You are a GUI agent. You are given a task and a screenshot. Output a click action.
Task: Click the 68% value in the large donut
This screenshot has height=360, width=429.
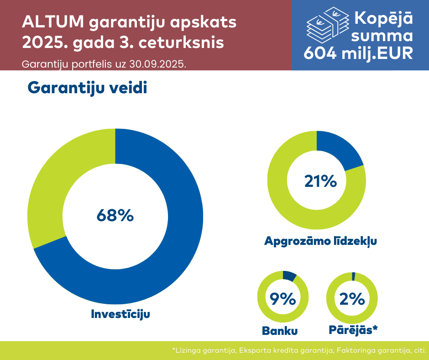click(x=115, y=215)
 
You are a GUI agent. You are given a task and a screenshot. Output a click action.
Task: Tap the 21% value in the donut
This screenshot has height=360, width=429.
click(x=320, y=181)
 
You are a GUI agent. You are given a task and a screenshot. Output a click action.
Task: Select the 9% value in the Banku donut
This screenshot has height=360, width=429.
click(x=283, y=299)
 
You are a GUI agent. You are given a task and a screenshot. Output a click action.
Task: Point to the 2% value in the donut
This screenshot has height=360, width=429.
click(x=352, y=299)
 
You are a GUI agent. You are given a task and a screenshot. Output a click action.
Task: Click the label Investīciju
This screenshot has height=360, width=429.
click(x=120, y=314)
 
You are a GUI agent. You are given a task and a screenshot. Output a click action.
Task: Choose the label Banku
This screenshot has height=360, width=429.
click(x=280, y=330)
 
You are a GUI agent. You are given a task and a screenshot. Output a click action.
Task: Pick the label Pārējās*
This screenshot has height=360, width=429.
click(x=353, y=329)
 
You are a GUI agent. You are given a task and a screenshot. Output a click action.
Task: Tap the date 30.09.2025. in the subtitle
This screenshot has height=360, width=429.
click(x=158, y=64)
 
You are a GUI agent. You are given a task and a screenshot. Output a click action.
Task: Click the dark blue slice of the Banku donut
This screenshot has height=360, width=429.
click(x=289, y=275)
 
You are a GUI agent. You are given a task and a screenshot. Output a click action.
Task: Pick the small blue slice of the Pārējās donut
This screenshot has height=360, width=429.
click(x=354, y=276)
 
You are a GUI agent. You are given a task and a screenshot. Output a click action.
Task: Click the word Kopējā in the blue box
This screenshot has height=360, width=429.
click(x=383, y=18)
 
